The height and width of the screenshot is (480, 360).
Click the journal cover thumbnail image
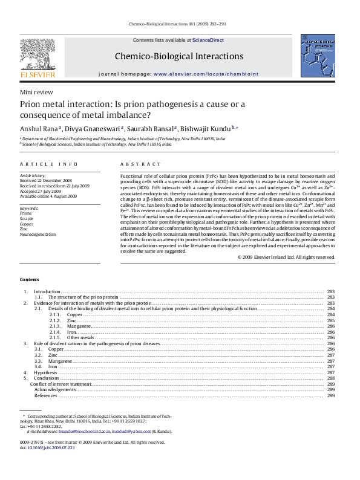[317, 55]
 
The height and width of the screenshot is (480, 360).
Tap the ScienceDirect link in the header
[208, 40]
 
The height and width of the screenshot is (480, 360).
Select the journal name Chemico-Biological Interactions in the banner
[179, 56]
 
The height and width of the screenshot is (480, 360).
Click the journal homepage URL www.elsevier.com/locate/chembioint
[206, 74]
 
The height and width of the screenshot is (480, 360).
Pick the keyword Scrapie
[27, 218]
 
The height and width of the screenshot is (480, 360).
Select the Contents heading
[29, 279]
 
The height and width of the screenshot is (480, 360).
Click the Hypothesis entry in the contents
[45, 373]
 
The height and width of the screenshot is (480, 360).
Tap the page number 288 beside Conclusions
[331, 378]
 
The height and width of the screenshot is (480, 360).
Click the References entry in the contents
[45, 395]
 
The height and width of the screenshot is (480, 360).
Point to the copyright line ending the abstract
[286, 257]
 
